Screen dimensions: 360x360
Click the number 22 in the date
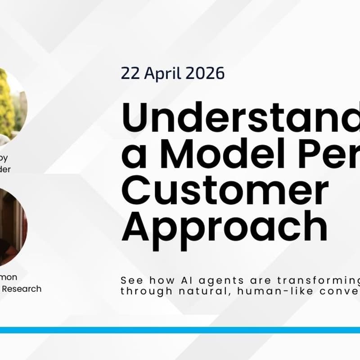pyautogui.click(x=130, y=73)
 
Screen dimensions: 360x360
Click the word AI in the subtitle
pyautogui.click(x=182, y=279)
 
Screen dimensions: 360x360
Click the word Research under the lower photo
pyautogui.click(x=22, y=289)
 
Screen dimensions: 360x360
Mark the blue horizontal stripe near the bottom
pyautogui.click(x=180, y=330)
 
